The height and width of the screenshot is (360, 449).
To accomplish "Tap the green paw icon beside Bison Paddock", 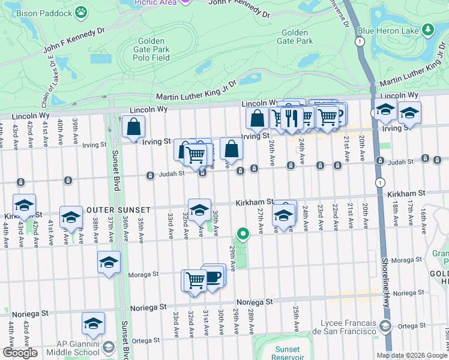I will point(81,12).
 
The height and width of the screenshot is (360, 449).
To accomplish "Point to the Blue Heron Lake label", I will point(387,30).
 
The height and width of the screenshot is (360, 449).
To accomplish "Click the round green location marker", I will point(243,233).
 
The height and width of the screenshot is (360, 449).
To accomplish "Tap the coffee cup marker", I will point(214,276).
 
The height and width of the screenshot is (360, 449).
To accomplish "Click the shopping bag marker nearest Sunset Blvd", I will point(133,127).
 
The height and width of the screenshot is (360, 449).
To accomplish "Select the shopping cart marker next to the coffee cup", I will point(195,280).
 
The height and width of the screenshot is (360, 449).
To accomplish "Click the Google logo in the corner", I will point(20,353).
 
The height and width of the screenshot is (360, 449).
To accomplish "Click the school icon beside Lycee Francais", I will point(385,326).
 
